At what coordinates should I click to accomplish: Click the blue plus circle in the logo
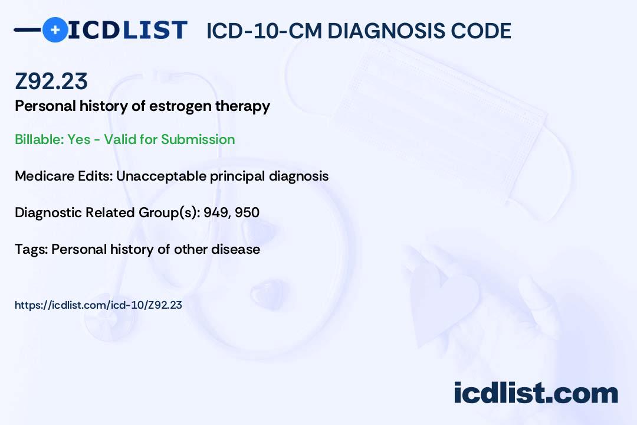(55, 30)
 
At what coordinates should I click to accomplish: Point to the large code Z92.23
(51, 81)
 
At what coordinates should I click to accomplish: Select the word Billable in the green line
(40, 139)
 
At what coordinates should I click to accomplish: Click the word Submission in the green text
(198, 139)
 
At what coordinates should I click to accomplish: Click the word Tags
(31, 249)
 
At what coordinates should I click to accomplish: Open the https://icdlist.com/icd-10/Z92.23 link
(98, 305)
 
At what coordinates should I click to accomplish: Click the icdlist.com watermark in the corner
(536, 393)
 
